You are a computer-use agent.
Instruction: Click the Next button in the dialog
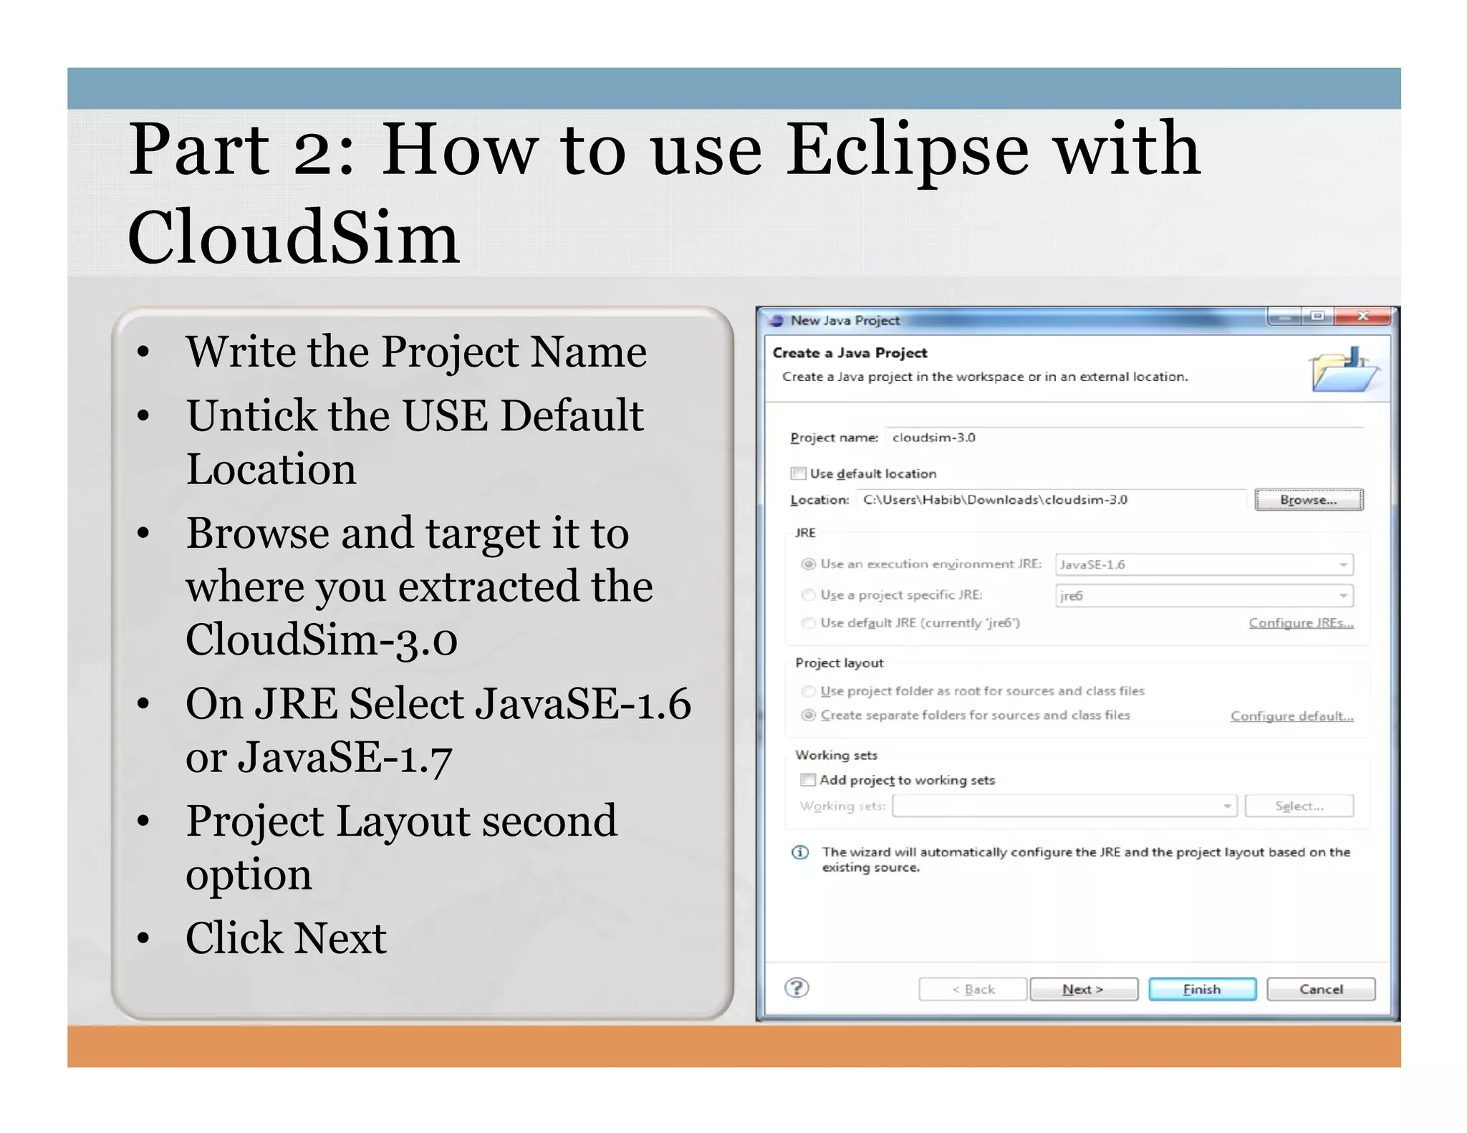pos(1083,989)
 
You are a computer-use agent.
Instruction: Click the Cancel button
pos(1320,989)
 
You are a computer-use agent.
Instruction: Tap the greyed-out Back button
pos(973,989)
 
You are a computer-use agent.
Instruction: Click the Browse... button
pos(1308,500)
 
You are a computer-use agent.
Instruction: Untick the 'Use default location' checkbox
pos(798,473)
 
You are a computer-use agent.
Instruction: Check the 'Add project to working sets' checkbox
pos(808,780)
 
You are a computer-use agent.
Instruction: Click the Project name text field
pos(1125,438)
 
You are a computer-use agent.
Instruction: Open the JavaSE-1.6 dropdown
pos(1203,564)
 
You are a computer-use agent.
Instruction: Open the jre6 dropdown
pos(1203,596)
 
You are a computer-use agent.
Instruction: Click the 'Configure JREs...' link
pos(1301,623)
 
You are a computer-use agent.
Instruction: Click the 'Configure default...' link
pos(1292,716)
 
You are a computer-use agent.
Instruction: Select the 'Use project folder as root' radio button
pos(809,691)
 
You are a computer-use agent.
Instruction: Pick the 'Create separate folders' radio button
pos(809,715)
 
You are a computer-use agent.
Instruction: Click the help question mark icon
pos(797,988)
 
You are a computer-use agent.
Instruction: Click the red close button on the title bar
pos(1362,317)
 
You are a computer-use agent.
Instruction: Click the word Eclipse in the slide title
pos(907,150)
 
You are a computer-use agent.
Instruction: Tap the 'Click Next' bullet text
pos(286,937)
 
